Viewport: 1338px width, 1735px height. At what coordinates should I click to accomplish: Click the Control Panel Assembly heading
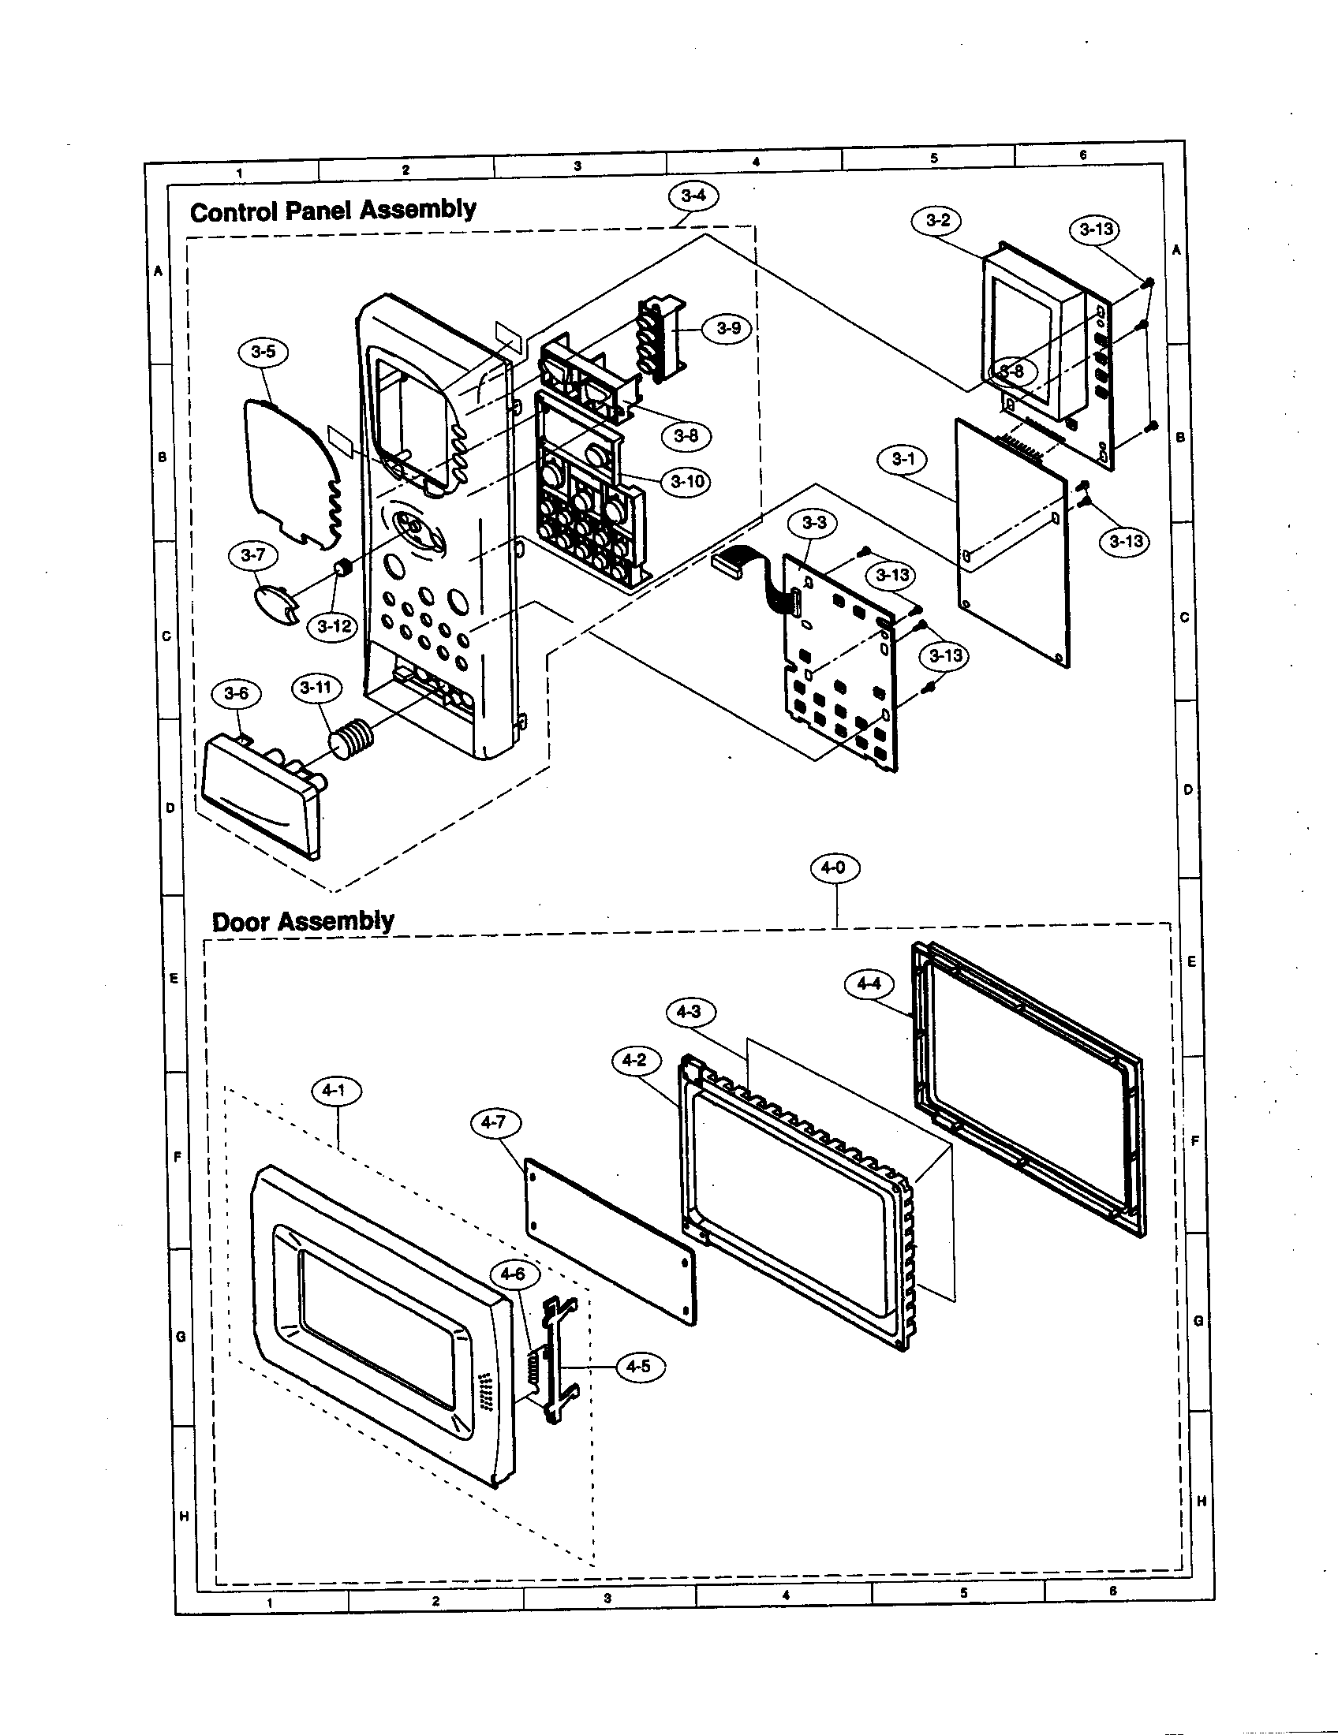coord(333,211)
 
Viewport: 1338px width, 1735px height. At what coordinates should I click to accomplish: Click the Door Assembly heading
coord(303,920)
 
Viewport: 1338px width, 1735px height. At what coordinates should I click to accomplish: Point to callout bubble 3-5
coord(263,352)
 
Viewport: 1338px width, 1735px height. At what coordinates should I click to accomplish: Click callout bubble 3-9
coord(728,328)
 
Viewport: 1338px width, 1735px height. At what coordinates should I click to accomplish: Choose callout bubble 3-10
coord(686,481)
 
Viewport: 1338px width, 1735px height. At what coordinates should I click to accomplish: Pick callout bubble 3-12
coord(334,626)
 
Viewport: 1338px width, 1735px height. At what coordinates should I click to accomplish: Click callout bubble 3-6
coord(236,693)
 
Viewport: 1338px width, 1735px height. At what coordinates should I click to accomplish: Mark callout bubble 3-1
coord(903,458)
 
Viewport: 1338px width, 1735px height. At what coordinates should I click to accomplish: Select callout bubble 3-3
coord(813,523)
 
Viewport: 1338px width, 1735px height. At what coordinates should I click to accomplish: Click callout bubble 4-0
coord(833,868)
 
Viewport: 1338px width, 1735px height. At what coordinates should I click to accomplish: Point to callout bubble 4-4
coord(869,983)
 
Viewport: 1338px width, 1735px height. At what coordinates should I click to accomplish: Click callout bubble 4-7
coord(492,1122)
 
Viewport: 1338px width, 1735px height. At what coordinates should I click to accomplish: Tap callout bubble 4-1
coord(335,1091)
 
